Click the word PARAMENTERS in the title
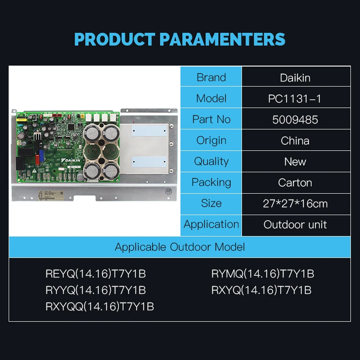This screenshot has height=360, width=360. click(222, 39)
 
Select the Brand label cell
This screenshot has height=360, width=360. click(211, 77)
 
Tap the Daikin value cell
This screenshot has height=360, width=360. click(295, 77)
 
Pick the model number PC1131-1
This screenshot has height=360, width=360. click(295, 98)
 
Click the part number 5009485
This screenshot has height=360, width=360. click(295, 119)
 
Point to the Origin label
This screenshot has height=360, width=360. click(211, 140)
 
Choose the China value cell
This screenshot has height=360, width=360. click(295, 140)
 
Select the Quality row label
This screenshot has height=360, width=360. click(211, 161)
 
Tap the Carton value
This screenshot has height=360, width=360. click(295, 183)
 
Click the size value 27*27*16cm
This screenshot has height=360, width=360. click(295, 204)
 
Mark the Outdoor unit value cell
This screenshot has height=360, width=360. click(295, 225)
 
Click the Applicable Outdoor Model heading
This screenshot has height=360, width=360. click(180, 247)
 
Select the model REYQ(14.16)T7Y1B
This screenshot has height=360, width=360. click(96, 274)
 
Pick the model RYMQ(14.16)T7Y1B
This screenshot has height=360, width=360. click(262, 274)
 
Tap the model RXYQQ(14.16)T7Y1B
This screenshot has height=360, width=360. click(100, 307)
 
